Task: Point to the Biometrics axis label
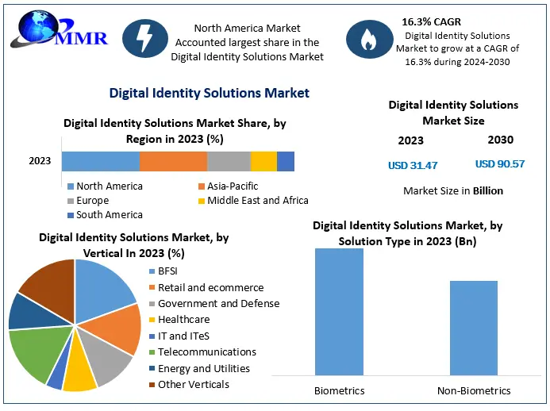point(339,390)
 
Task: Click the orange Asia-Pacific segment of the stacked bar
point(173,161)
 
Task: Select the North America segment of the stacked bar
point(100,161)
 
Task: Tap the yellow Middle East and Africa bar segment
point(263,161)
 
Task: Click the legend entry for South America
point(109,215)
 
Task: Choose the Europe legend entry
point(93,201)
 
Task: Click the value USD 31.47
point(412,165)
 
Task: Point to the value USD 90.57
point(500,164)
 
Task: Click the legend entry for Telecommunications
point(206,351)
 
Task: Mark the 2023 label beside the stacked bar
point(40,161)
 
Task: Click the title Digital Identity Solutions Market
point(210,94)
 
